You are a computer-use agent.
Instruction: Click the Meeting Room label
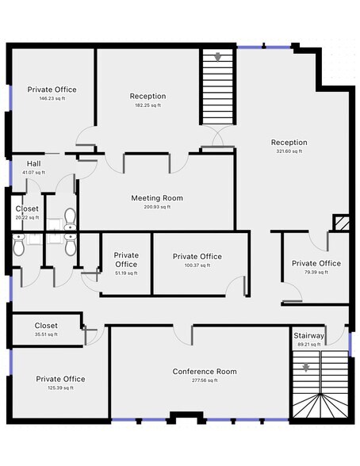(157, 198)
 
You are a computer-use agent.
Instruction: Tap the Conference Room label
(205, 372)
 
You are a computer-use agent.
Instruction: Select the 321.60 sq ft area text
(289, 151)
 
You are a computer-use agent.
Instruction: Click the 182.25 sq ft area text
(147, 105)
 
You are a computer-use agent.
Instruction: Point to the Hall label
(34, 163)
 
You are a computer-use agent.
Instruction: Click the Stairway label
(308, 336)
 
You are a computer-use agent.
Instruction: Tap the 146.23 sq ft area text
(52, 98)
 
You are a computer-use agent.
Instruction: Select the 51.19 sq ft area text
(126, 273)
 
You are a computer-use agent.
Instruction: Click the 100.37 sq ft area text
(197, 265)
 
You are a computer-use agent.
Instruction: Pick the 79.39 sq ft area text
(316, 272)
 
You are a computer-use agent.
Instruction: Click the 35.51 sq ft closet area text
(46, 334)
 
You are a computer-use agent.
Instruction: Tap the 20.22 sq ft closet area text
(27, 217)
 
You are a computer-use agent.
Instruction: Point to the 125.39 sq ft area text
(60, 388)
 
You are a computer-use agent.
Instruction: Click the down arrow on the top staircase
(218, 57)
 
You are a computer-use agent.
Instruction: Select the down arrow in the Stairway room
(306, 368)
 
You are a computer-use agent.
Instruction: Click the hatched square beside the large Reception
(341, 222)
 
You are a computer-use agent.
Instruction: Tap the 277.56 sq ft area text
(205, 380)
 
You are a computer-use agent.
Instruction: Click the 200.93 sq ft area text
(157, 207)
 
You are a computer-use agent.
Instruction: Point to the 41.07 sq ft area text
(34, 173)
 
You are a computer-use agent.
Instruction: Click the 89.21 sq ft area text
(309, 345)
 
